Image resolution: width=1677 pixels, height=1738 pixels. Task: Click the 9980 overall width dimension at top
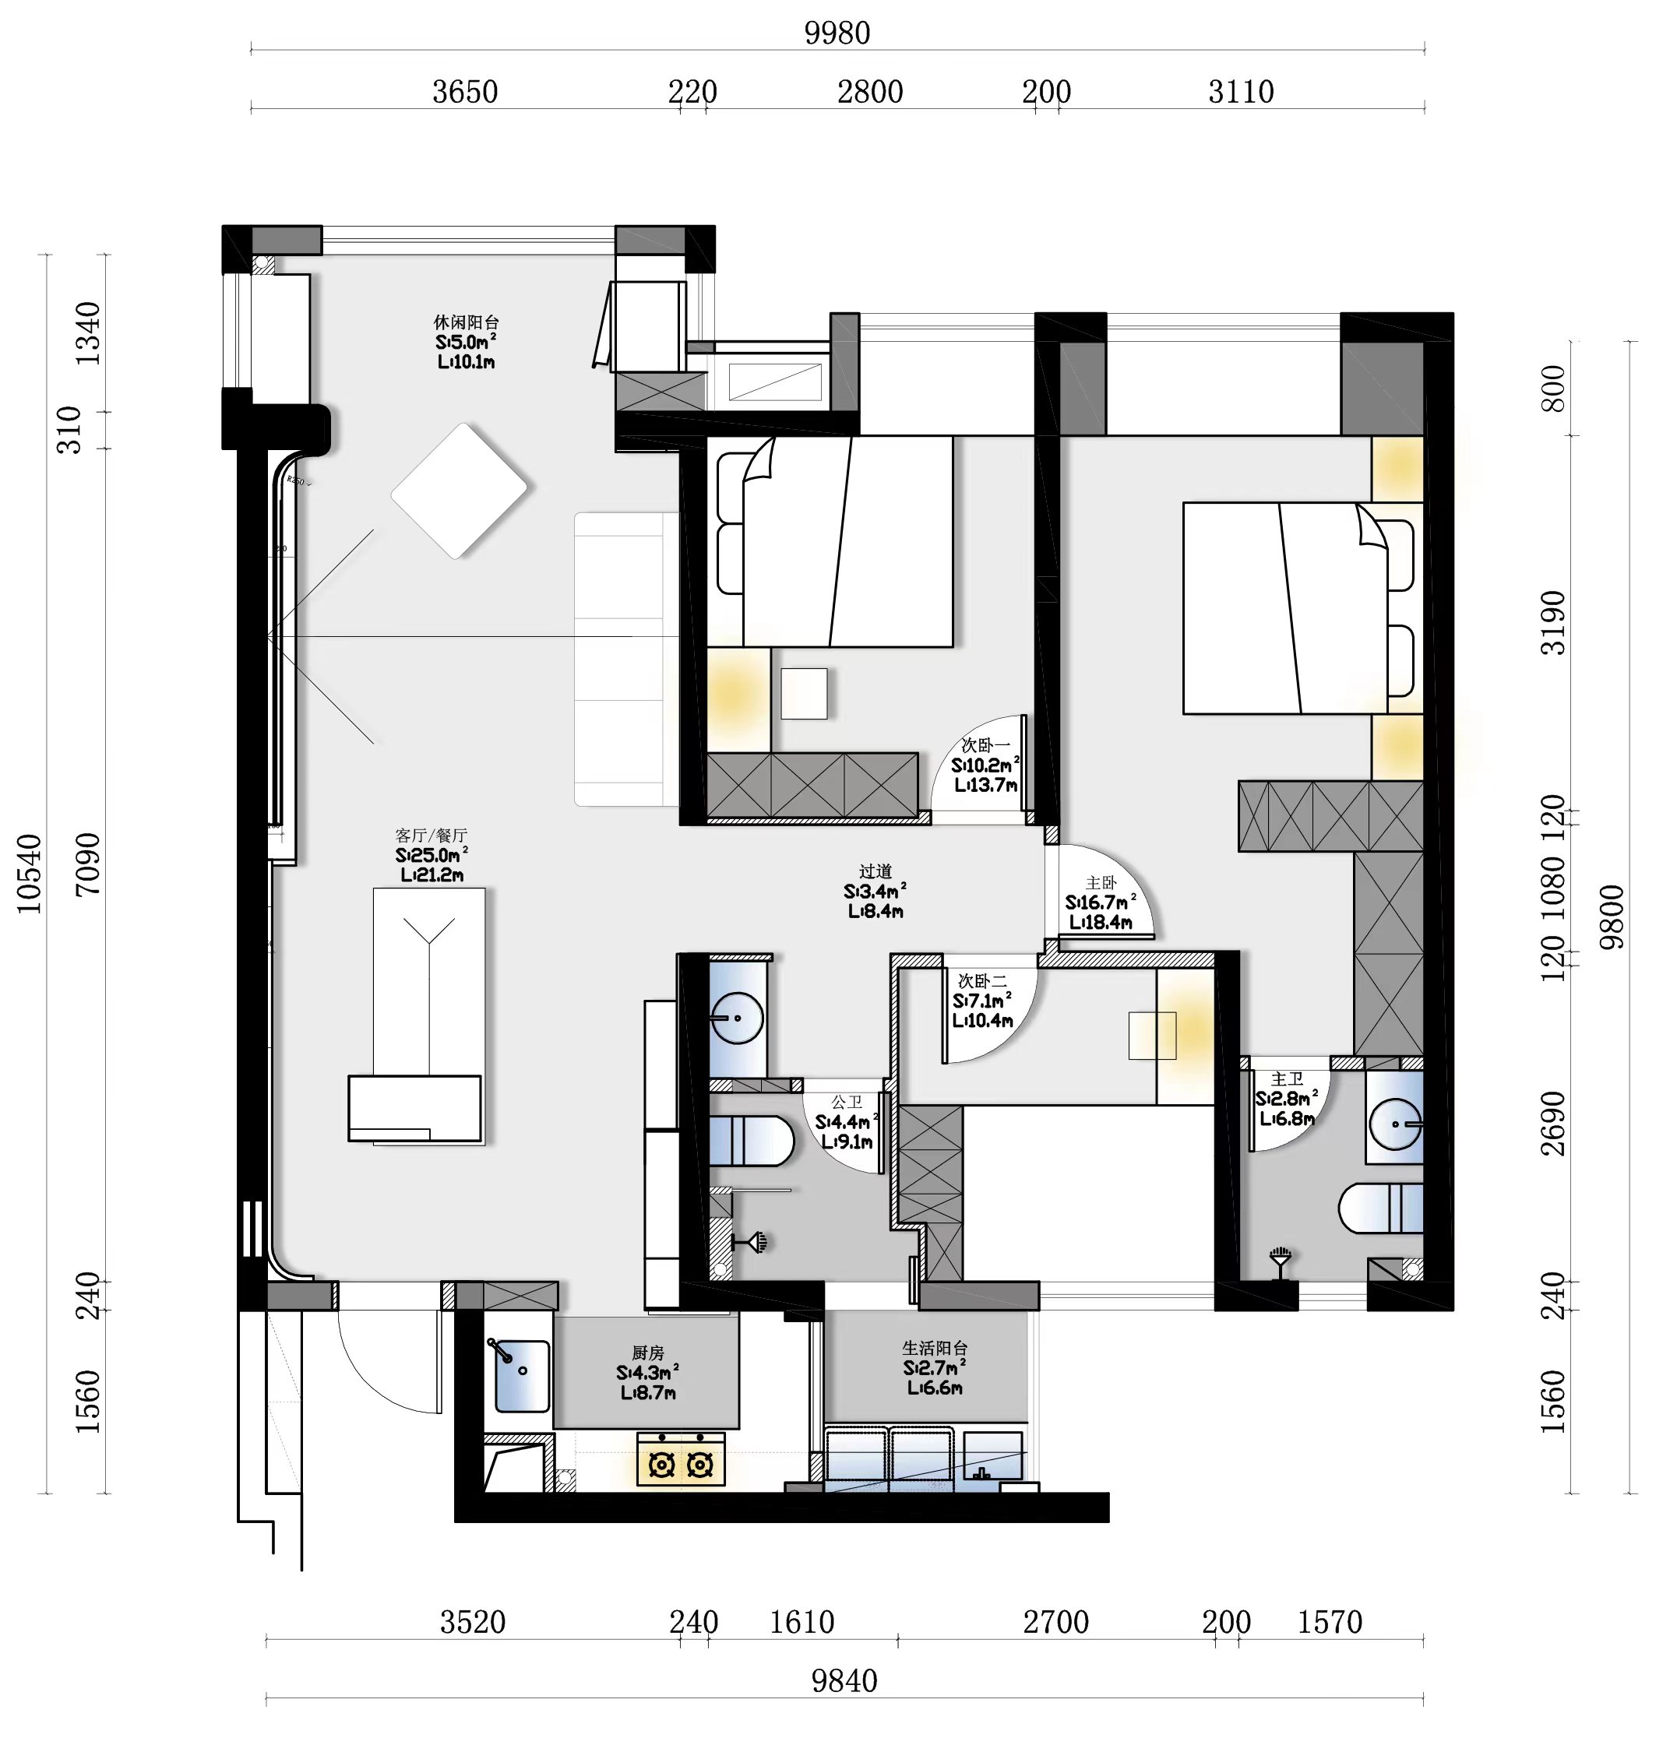coord(837,33)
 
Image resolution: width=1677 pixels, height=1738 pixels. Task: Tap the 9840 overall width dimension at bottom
coord(844,1680)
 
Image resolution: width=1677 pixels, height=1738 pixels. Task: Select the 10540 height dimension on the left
coord(30,874)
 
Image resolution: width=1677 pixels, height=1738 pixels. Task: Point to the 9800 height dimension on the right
coord(1612,918)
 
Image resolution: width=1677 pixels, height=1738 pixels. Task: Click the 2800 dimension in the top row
coord(870,91)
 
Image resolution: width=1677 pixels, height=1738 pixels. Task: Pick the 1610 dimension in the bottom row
coord(802,1622)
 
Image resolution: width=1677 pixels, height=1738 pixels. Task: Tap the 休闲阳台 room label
coord(467,322)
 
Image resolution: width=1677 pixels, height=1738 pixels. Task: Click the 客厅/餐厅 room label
coord(431,836)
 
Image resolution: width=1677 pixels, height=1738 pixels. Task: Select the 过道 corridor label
coord(875,871)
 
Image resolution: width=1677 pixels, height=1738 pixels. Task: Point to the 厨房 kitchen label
coord(647,1353)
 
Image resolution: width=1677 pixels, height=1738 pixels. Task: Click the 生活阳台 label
coord(935,1348)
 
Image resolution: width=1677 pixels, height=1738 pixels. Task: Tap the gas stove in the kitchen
coord(681,1458)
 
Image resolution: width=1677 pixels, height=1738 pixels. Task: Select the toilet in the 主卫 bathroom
coord(1381,1208)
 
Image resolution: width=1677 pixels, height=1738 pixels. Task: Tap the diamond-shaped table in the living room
coord(460,491)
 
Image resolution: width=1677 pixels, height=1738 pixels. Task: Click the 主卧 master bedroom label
coord(1101,883)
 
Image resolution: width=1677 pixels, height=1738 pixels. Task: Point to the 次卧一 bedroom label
coord(985,746)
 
